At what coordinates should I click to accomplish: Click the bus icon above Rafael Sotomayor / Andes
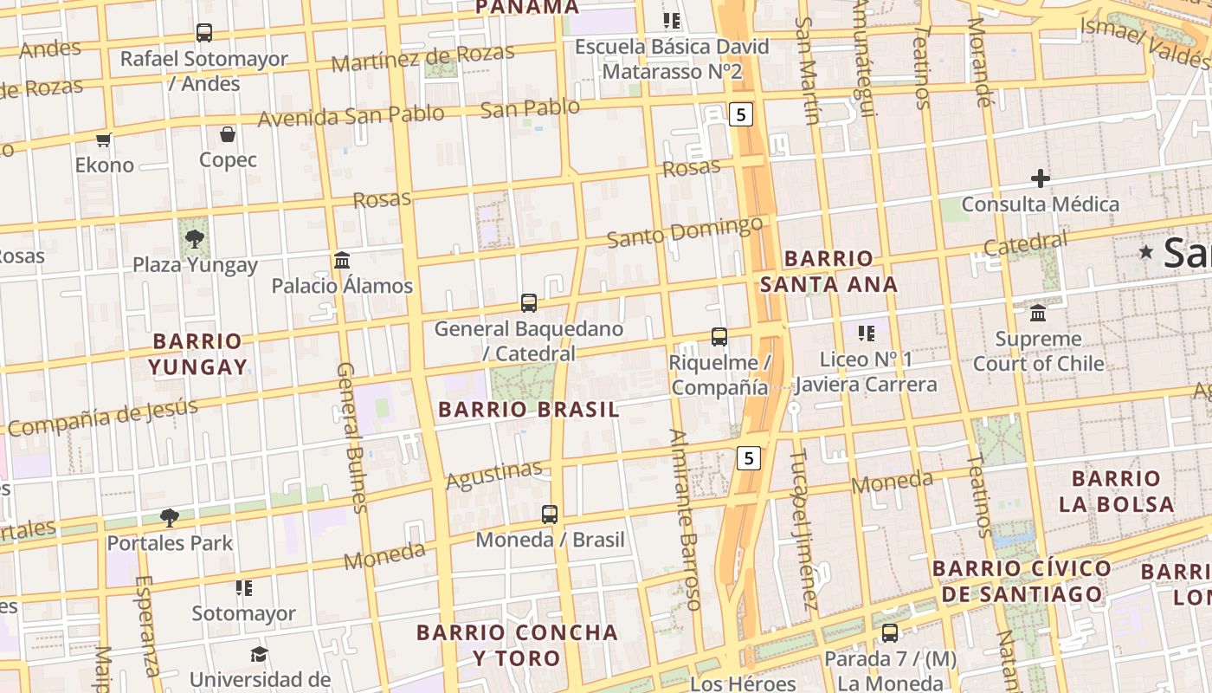204,33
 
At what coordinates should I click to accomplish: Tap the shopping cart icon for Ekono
104,139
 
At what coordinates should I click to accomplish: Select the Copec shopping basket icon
228,134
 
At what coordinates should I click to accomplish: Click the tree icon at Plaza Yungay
195,238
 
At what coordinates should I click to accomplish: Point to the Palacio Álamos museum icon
342,260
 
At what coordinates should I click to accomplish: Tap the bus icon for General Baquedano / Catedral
529,303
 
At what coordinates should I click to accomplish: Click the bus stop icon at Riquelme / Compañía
719,337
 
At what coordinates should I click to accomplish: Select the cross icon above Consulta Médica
1041,179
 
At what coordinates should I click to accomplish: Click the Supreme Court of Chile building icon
1038,313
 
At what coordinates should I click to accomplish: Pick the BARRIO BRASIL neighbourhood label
529,409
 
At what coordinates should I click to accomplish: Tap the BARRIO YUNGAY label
197,353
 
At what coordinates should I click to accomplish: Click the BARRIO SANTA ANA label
828,271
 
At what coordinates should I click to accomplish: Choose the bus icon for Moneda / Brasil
550,515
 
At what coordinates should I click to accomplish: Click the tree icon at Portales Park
170,518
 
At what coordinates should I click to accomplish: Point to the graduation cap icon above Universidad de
259,654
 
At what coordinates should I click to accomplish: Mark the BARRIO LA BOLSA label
1116,490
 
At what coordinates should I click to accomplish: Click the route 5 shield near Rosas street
741,113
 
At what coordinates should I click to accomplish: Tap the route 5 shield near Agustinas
749,457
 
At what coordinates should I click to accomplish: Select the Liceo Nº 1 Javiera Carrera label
866,372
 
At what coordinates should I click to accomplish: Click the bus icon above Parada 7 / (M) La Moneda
890,633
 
